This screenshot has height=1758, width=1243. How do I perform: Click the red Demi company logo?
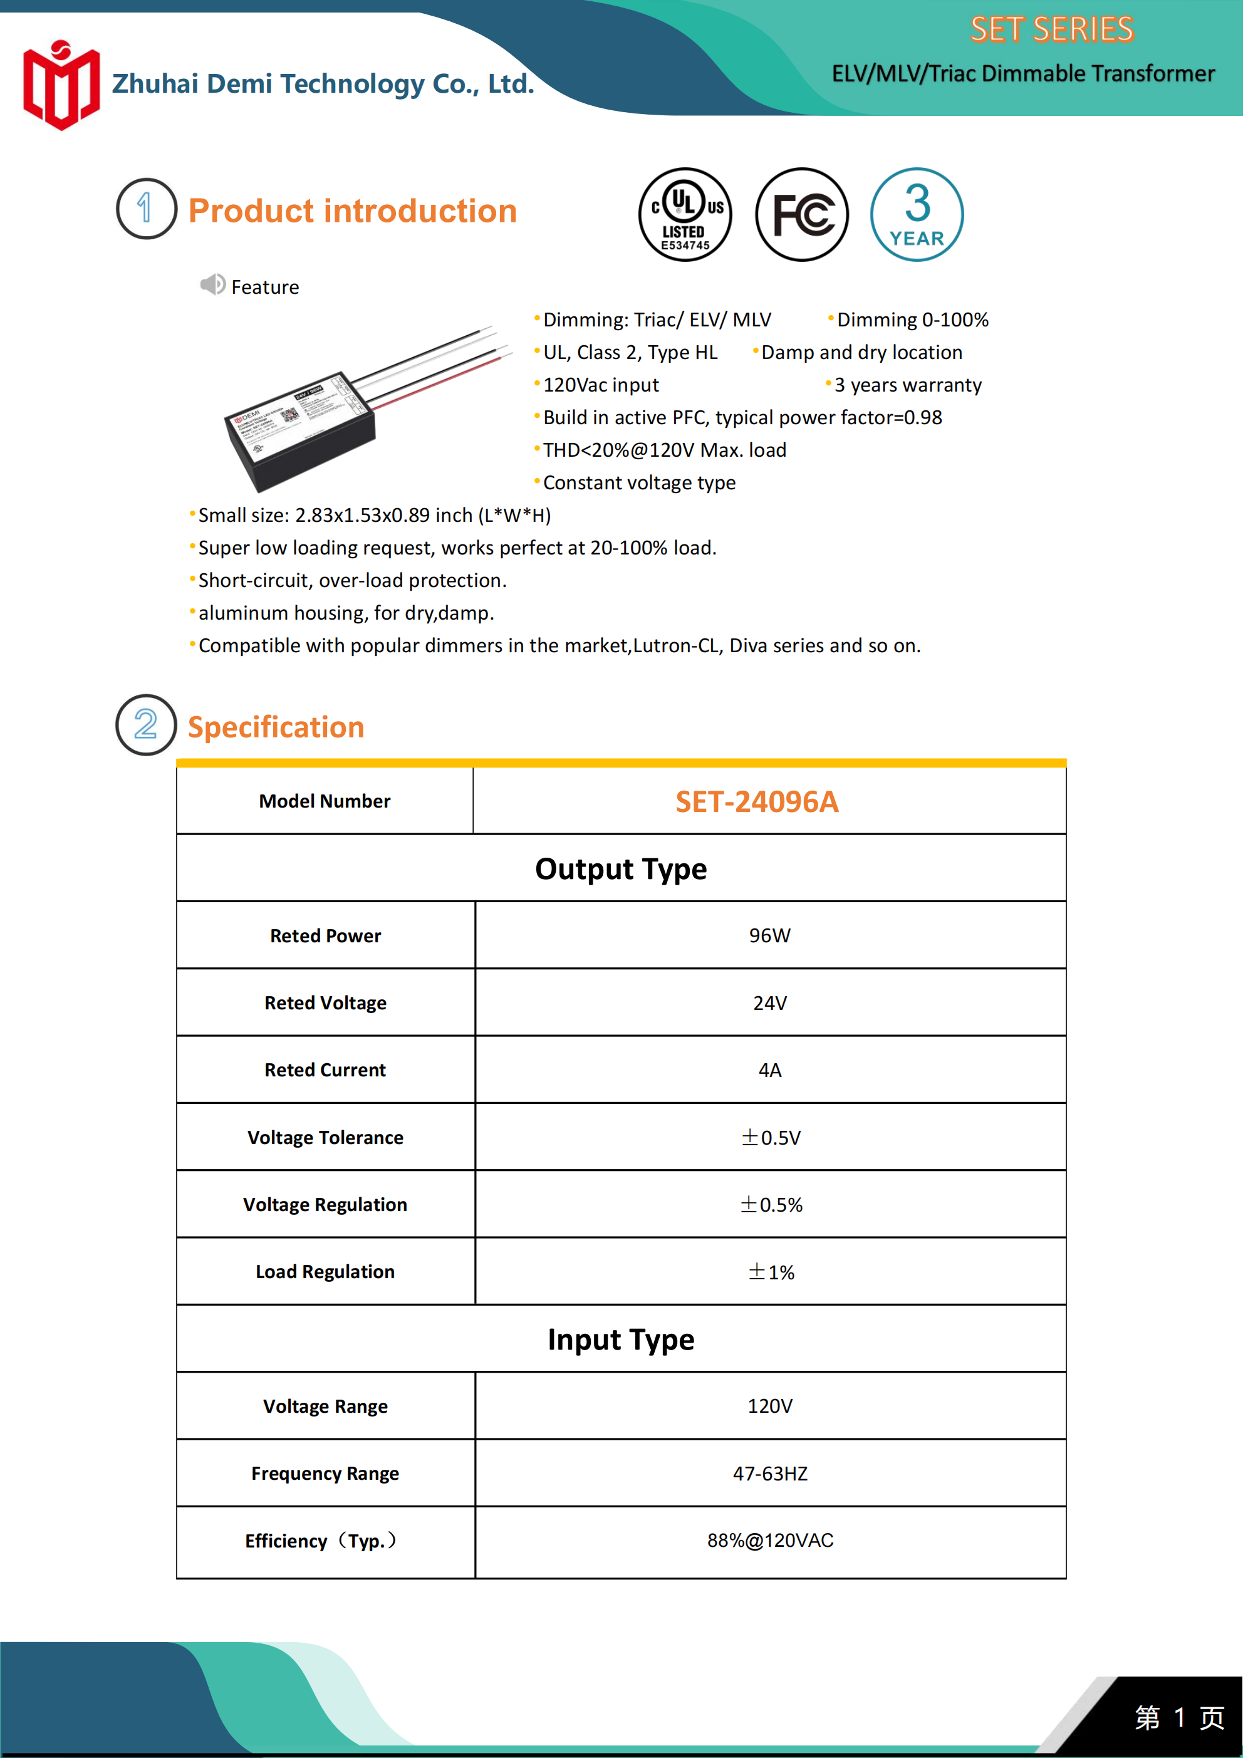(x=61, y=85)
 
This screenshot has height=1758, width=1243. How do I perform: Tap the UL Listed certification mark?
(x=685, y=214)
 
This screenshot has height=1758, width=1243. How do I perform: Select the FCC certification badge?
(x=802, y=214)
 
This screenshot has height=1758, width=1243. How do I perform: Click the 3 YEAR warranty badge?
(x=917, y=214)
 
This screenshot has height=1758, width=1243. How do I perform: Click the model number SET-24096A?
(x=757, y=802)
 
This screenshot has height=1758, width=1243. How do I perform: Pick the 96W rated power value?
(x=770, y=935)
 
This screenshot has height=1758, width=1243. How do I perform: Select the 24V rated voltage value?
(x=770, y=1003)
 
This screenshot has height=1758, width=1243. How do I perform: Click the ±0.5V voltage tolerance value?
(x=771, y=1137)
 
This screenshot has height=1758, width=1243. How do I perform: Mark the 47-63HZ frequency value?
(x=770, y=1474)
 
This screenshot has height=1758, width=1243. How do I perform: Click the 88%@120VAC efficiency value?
(x=770, y=1541)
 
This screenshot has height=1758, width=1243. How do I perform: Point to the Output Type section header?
(x=620, y=869)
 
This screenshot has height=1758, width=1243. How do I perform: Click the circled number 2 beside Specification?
(x=145, y=724)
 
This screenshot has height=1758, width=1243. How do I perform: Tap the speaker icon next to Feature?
(x=212, y=285)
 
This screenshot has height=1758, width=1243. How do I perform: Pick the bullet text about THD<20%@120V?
(x=664, y=450)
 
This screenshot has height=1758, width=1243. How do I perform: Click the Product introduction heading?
(x=352, y=211)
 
